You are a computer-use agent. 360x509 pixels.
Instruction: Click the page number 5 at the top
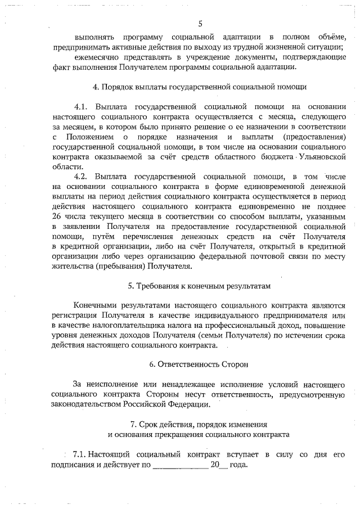coord(200,23)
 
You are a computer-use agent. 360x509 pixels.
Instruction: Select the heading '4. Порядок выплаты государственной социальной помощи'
coord(200,87)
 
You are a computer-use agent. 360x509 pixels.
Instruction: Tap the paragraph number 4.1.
coord(82,106)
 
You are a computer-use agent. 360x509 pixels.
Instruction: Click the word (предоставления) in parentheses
coord(314,137)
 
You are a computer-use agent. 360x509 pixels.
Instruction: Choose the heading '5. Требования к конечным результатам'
coord(200,286)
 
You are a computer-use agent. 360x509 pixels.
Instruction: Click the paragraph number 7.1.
coord(80,454)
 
